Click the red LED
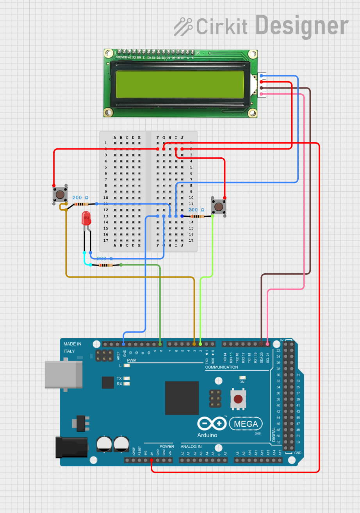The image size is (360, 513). (x=86, y=218)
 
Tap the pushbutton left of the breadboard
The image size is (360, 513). (x=60, y=194)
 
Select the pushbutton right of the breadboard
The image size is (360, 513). (x=219, y=206)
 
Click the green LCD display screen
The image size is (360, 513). (x=180, y=84)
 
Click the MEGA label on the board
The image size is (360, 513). (x=246, y=424)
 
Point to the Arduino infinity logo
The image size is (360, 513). (x=212, y=424)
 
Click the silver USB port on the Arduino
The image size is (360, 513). (x=64, y=375)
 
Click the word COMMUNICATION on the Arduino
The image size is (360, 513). (x=221, y=367)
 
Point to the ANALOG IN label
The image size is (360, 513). (x=191, y=446)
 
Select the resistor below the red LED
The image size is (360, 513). (x=106, y=265)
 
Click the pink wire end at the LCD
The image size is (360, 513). (x=261, y=94)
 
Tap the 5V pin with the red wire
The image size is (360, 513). (x=151, y=460)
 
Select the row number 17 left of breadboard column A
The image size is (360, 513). (x=105, y=240)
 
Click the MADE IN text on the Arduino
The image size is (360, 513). (x=73, y=344)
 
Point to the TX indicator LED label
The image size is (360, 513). (x=119, y=378)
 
